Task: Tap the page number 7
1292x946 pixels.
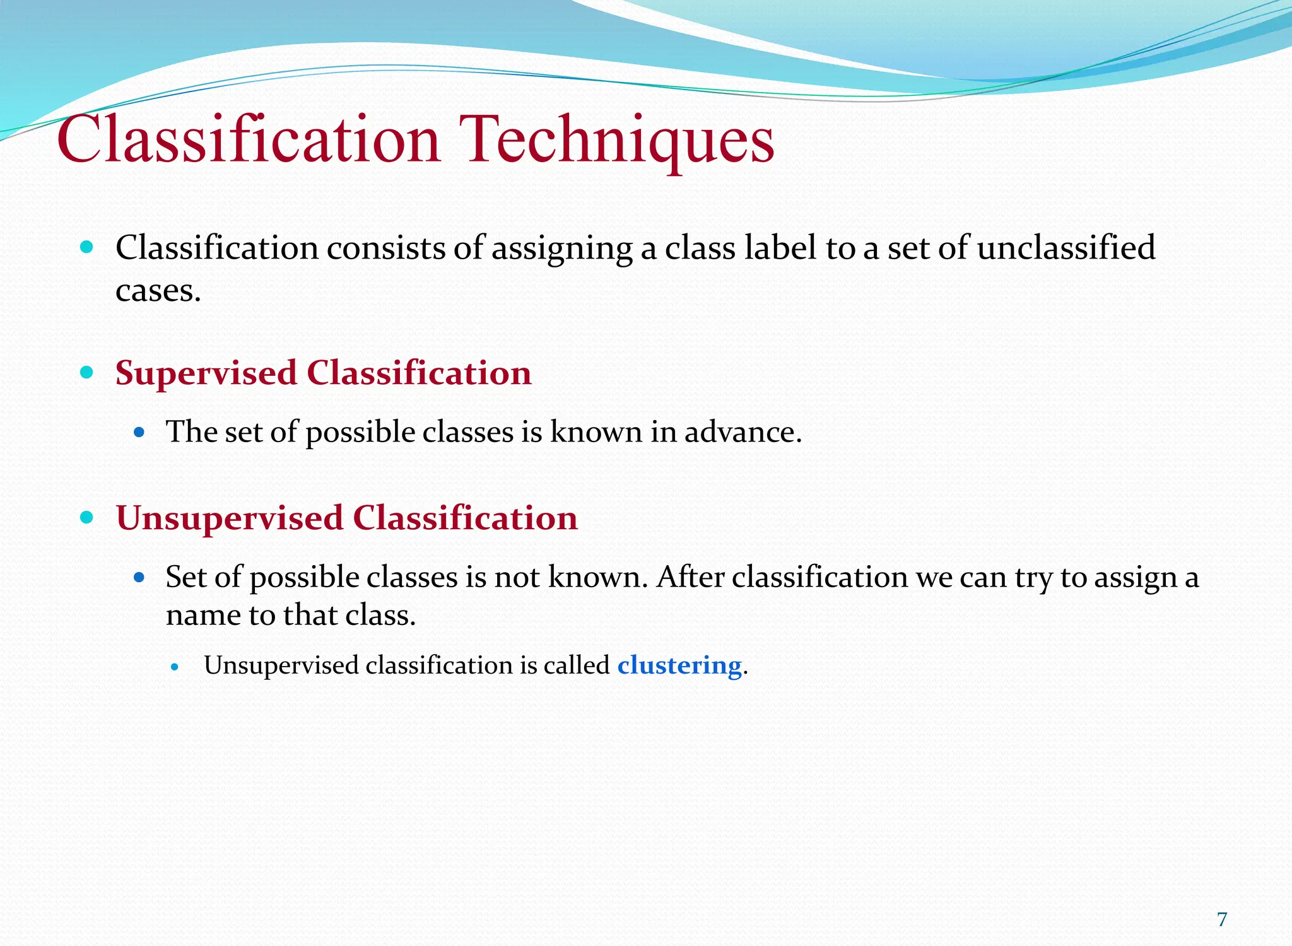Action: coord(1222,920)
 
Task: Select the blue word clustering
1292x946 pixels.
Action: coord(679,665)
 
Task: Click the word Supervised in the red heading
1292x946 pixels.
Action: coord(206,373)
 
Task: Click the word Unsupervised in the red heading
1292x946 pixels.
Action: coord(230,518)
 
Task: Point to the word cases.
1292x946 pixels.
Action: coord(158,291)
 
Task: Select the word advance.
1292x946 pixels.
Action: coord(743,432)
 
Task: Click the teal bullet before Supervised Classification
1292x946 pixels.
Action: coord(87,372)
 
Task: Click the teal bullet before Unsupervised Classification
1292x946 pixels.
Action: coord(87,518)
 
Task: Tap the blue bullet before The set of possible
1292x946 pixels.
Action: coord(139,433)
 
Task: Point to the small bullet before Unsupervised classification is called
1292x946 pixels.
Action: coord(175,667)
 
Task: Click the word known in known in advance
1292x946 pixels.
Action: coord(596,432)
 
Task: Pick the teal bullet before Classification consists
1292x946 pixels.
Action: coord(87,247)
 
